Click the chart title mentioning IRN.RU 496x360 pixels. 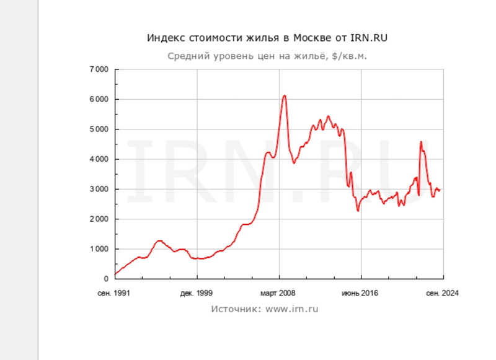click(x=268, y=38)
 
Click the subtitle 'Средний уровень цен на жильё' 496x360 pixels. click(x=268, y=56)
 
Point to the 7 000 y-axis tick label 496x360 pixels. click(x=99, y=69)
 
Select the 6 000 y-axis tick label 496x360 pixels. click(x=99, y=99)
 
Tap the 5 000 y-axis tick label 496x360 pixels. click(x=99, y=130)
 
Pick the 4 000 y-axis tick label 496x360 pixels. click(x=99, y=159)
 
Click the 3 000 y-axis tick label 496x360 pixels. click(x=99, y=189)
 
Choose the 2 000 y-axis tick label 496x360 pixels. click(x=99, y=219)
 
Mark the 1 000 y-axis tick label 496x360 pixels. click(x=99, y=249)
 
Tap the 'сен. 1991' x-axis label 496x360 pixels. click(x=115, y=292)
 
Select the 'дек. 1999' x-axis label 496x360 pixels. click(x=197, y=292)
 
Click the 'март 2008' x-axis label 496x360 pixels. click(x=278, y=292)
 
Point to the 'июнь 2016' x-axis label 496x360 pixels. click(x=361, y=292)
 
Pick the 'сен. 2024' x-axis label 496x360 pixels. click(x=443, y=292)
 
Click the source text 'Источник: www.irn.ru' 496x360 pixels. click(x=265, y=309)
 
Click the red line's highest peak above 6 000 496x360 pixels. click(x=284, y=95)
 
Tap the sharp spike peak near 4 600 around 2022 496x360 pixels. click(x=421, y=142)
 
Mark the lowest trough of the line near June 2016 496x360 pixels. click(x=358, y=211)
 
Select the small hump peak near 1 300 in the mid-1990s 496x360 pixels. click(x=159, y=240)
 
